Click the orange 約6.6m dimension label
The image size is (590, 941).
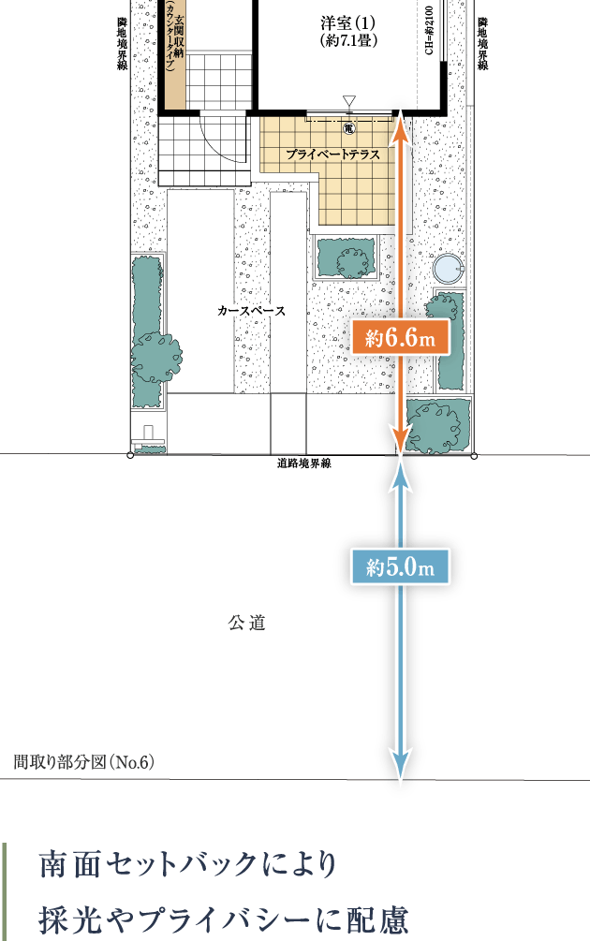coord(400,338)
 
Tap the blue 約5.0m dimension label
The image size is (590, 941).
coord(400,566)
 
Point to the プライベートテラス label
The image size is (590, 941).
coord(332,154)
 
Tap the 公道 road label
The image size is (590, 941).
coord(246,623)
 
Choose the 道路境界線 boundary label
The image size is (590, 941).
coord(303,463)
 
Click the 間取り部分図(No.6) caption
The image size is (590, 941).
coord(84,762)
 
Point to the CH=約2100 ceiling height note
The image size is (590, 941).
coord(429,31)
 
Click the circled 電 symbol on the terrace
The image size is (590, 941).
coord(349,128)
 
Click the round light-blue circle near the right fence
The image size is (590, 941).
coord(449,269)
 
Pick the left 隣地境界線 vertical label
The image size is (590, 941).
coord(123,43)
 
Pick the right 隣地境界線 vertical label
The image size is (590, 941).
coord(483,43)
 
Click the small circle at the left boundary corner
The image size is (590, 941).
coord(131,456)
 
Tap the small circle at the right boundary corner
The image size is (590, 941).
coord(474,456)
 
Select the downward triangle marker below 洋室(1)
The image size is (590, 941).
coord(349,101)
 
